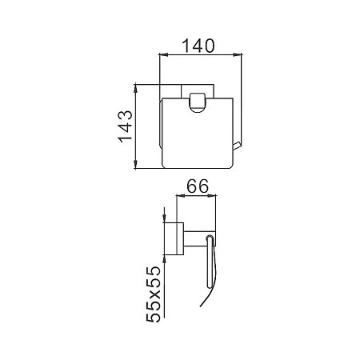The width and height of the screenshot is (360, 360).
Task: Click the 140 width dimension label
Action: click(198, 46)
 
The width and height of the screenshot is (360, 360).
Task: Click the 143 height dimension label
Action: click(126, 126)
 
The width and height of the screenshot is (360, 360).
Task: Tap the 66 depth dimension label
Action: click(198, 186)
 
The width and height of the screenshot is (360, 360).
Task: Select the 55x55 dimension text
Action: click(154, 294)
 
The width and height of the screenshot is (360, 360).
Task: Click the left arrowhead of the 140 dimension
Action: click(163, 54)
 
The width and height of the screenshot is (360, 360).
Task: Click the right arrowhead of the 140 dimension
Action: click(238, 54)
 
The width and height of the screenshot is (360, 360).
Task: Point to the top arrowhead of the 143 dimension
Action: click(136, 89)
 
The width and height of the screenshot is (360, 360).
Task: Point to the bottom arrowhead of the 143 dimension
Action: click(136, 164)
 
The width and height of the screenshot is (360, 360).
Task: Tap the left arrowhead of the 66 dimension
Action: click(181, 196)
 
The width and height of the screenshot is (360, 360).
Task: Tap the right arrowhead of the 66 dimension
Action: click(212, 196)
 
